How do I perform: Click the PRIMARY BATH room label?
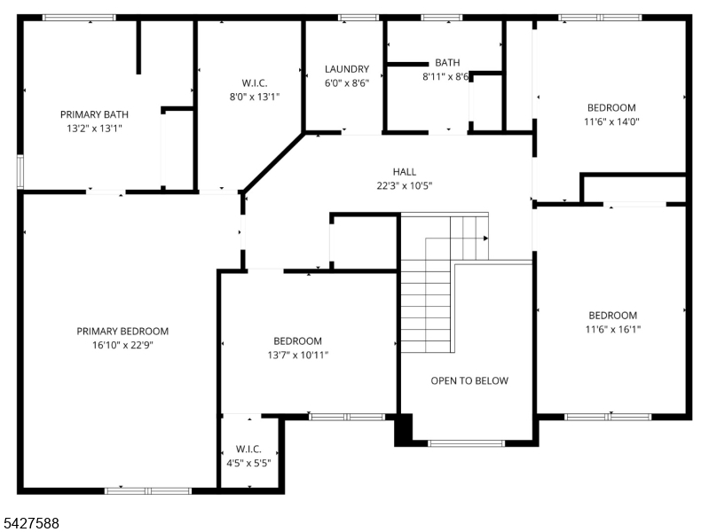point(94,114)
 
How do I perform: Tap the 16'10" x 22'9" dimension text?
point(123,345)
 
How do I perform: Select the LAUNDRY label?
point(347,69)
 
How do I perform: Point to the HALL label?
point(405,172)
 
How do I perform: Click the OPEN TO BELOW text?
point(469,381)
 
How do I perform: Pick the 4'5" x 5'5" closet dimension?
point(248,464)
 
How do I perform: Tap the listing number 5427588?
point(31,523)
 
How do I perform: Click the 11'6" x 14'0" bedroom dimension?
point(611,121)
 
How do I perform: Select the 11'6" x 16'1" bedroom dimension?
point(612,330)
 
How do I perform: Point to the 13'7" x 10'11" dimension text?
point(297,356)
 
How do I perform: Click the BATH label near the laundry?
point(447,63)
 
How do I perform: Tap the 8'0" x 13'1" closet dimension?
point(255,97)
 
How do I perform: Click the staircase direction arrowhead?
point(485,239)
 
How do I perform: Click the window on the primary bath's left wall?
point(20,171)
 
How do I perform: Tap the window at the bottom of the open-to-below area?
point(466,443)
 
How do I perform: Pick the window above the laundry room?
point(358,18)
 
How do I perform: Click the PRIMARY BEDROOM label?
point(122,332)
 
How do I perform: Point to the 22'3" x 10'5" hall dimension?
point(405,186)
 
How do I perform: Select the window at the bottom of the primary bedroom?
point(148,491)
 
